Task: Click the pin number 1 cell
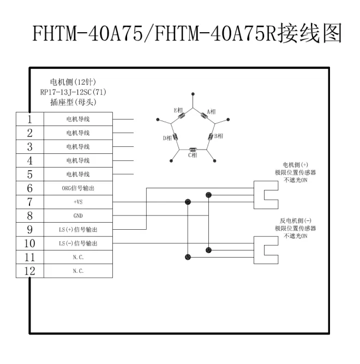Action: click(29, 118)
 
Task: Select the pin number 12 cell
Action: click(29, 271)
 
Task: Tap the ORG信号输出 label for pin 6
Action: click(78, 188)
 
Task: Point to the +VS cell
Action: click(78, 202)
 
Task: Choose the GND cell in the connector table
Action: click(78, 216)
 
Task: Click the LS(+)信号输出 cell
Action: click(78, 230)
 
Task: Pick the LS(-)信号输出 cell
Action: click(78, 243)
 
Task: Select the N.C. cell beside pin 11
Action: click(78, 257)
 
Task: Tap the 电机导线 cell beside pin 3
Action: click(78, 146)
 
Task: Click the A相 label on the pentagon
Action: click(212, 111)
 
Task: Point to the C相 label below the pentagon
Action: click(193, 156)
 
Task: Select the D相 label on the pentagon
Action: click(167, 138)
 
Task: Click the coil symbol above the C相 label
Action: click(193, 149)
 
